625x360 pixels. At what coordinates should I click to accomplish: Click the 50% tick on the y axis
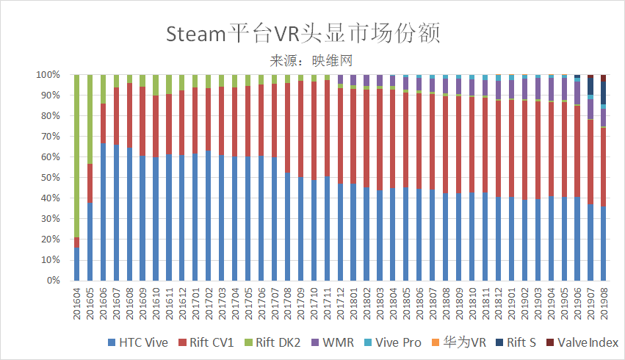[49, 178]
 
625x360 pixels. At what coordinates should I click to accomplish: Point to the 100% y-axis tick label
[47, 75]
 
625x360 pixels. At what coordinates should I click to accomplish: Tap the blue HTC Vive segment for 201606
[104, 213]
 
